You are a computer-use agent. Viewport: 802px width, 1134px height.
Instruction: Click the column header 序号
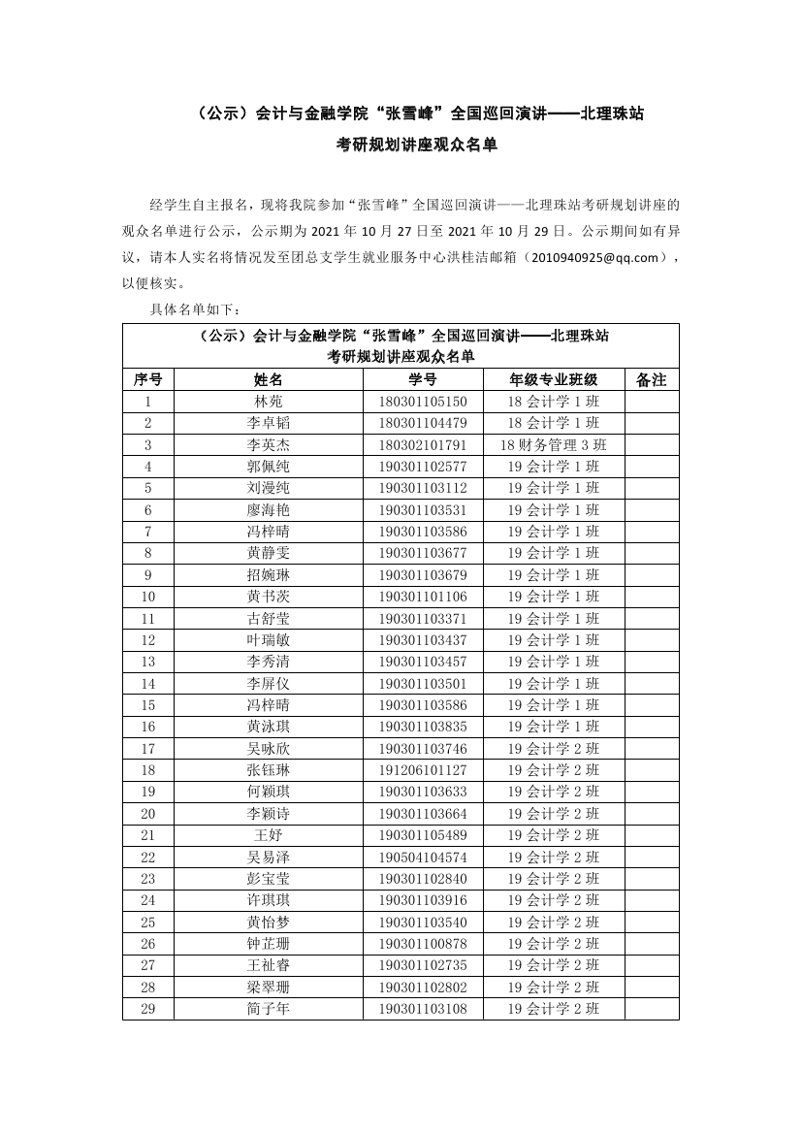pyautogui.click(x=147, y=379)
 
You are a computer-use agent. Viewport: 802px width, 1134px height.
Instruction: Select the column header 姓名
pyautogui.click(x=269, y=379)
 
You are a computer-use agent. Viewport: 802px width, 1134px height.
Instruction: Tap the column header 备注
pyautogui.click(x=652, y=379)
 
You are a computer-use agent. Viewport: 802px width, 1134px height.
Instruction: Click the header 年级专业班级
pyautogui.click(x=554, y=379)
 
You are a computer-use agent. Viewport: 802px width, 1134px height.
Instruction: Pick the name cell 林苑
pyautogui.click(x=269, y=402)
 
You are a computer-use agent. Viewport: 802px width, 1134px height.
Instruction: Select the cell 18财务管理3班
pyautogui.click(x=554, y=444)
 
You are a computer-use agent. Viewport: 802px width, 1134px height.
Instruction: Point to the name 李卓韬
pyautogui.click(x=269, y=423)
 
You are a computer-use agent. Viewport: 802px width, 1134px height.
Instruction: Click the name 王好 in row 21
pyautogui.click(x=269, y=835)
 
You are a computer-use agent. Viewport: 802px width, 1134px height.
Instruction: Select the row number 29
pyautogui.click(x=147, y=1009)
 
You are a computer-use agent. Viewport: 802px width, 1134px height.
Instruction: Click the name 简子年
pyautogui.click(x=269, y=1009)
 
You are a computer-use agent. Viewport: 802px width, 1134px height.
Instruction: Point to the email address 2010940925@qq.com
pyautogui.click(x=596, y=258)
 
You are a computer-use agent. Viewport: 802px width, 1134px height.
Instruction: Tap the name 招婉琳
pyautogui.click(x=269, y=575)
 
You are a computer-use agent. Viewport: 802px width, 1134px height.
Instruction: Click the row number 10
pyautogui.click(x=147, y=597)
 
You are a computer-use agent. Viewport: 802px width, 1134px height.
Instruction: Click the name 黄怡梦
pyautogui.click(x=269, y=923)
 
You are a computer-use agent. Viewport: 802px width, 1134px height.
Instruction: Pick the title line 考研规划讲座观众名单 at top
pyautogui.click(x=401, y=145)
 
